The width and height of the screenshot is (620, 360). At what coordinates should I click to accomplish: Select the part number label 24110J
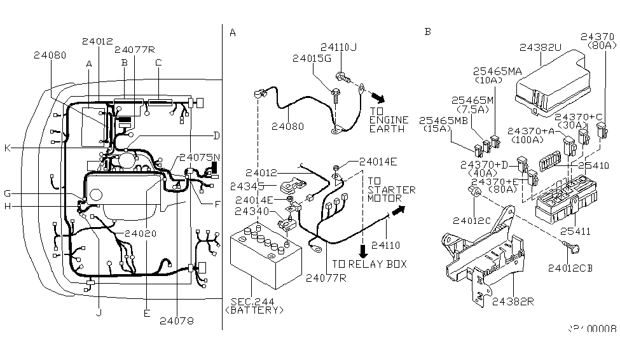(338, 46)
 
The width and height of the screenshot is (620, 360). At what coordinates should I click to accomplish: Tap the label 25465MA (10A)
(496, 75)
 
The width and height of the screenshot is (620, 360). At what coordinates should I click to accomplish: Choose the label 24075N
(200, 157)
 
